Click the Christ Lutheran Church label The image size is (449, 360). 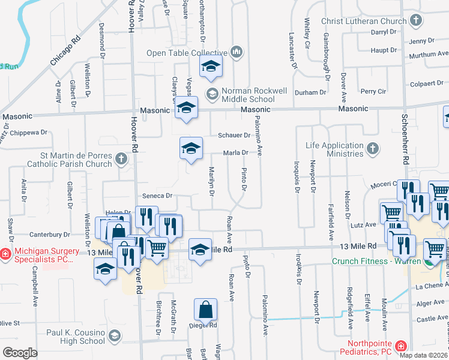[364, 22]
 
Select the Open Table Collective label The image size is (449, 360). [187, 53]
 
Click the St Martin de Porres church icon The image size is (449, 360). [121, 159]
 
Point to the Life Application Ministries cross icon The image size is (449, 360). [372, 148]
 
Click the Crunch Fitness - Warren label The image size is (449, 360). [376, 261]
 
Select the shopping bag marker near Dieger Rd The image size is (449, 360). [205, 310]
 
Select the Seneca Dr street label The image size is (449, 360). [157, 196]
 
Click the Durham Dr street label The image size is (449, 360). [310, 92]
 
